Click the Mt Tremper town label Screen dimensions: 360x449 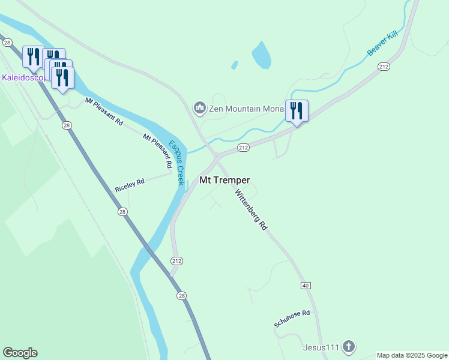click(224, 180)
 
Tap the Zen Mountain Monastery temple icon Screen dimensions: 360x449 click(199, 109)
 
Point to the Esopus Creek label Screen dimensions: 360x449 click(175, 162)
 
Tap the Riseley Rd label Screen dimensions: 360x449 click(130, 185)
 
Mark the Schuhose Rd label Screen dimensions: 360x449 click(292, 319)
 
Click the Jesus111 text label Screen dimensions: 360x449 click(321, 347)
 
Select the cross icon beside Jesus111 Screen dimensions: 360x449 click(349, 347)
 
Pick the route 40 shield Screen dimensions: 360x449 click(306, 286)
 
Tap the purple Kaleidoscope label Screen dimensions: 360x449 click(22, 77)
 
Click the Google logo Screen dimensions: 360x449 click(20, 353)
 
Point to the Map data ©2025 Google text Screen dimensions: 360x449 click(412, 355)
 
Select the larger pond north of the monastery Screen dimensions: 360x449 click(261, 55)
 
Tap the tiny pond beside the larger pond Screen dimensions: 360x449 click(234, 65)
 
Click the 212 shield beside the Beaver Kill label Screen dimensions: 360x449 click(384, 67)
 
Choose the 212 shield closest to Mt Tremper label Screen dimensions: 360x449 click(243, 147)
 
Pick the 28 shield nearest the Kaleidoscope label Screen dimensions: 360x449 click(7, 43)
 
